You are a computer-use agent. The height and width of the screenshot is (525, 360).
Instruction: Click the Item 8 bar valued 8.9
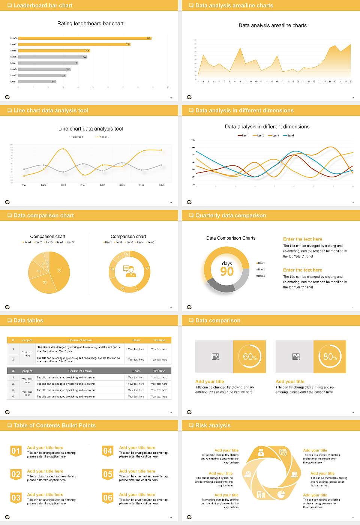click(x=84, y=38)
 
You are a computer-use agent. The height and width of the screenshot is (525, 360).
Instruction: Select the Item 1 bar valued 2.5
click(x=37, y=81)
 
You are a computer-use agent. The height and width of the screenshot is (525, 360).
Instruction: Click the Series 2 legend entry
click(x=103, y=137)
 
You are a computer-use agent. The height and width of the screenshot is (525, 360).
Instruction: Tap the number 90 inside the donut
click(x=227, y=271)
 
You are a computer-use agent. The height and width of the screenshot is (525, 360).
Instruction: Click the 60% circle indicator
click(x=250, y=357)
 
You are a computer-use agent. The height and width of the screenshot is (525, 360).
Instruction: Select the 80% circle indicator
click(x=330, y=357)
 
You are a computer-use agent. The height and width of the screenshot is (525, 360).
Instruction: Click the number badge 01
click(x=16, y=451)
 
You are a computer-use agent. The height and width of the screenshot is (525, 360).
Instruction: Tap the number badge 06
click(x=108, y=498)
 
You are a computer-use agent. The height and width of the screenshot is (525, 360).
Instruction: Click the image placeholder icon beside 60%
click(x=215, y=357)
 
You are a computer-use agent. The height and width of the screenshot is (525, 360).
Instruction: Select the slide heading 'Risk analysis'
click(x=213, y=425)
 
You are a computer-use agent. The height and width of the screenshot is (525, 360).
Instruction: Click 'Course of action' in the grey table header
click(x=80, y=371)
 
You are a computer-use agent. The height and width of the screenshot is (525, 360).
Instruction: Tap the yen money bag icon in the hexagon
click(x=261, y=453)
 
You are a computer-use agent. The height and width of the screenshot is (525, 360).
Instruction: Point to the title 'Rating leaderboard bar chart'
click(x=90, y=23)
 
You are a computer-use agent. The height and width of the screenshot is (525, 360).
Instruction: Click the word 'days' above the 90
click(x=227, y=263)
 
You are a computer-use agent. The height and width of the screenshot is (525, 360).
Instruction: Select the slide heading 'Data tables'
click(x=28, y=320)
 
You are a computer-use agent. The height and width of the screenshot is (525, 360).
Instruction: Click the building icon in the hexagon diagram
click(x=261, y=495)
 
